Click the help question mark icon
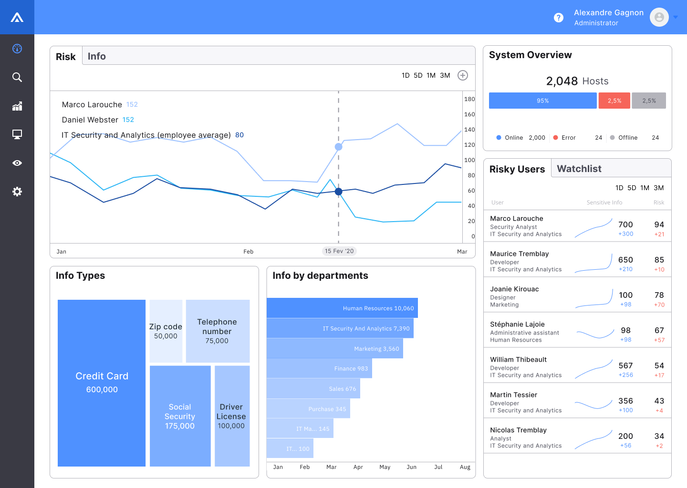(x=559, y=18)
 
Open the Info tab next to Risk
(x=96, y=56)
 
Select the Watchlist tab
(x=579, y=169)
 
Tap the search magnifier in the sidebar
(x=17, y=77)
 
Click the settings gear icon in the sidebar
(x=17, y=192)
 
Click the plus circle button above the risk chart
(x=463, y=75)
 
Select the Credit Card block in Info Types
(x=102, y=383)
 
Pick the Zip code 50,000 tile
(x=166, y=331)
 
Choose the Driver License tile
(x=232, y=416)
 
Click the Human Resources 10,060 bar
(x=342, y=308)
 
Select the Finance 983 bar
(x=319, y=368)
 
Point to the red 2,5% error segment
(x=614, y=101)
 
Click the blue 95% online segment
(x=542, y=101)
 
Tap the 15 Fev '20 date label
(x=339, y=251)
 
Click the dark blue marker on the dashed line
(x=339, y=192)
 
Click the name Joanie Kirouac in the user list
(x=514, y=289)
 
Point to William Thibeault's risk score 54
(x=659, y=366)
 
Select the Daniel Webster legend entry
(x=90, y=120)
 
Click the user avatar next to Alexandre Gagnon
(x=659, y=18)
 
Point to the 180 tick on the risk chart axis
(x=469, y=99)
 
